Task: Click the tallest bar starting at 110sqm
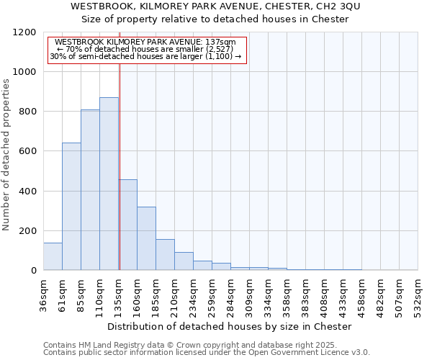[109, 184]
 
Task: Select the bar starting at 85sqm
[90, 190]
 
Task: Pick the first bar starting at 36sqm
[53, 256]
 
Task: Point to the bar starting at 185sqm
[165, 255]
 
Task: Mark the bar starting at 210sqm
[184, 261]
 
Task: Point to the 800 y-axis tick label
[29, 112]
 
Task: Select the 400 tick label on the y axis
[29, 191]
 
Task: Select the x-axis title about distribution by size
[230, 326]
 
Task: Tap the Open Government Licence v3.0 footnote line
[207, 353]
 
